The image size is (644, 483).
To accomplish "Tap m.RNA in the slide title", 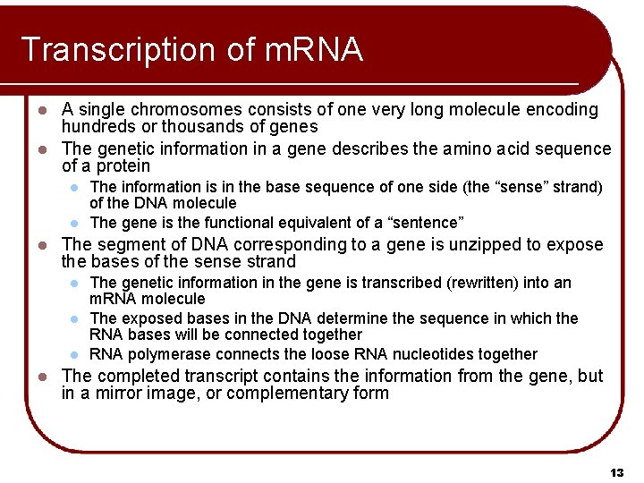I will tap(314, 50).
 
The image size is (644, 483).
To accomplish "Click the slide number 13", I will tap(615, 471).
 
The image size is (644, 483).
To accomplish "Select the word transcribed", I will tap(373, 283).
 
